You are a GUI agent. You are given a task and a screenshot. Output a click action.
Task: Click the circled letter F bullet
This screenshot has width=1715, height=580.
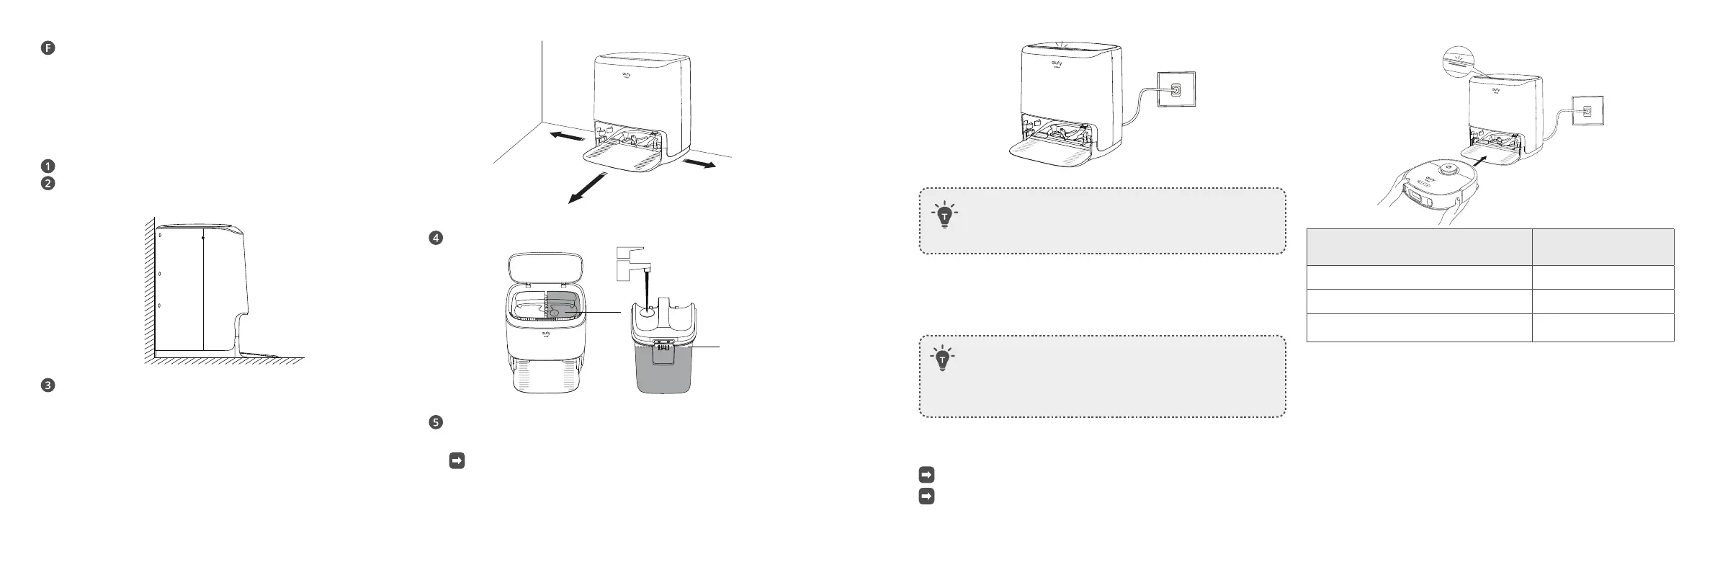pos(48,49)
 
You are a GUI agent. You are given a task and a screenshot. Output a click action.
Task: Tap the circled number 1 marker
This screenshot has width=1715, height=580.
pos(48,165)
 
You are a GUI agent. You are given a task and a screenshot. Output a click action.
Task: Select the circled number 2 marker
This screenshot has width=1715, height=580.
pos(48,183)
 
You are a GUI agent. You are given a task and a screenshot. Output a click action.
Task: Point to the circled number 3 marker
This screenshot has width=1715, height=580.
pos(48,385)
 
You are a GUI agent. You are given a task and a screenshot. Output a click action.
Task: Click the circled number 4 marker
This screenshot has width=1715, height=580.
pos(435,238)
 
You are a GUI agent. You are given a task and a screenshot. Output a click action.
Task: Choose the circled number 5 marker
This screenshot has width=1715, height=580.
pos(435,423)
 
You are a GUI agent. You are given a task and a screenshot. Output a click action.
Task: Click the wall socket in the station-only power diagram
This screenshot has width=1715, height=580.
pos(1176,89)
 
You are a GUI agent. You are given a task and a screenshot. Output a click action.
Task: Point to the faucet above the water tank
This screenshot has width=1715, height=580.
pos(634,264)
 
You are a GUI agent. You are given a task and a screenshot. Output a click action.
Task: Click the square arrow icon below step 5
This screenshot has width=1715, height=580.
pos(457,460)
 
